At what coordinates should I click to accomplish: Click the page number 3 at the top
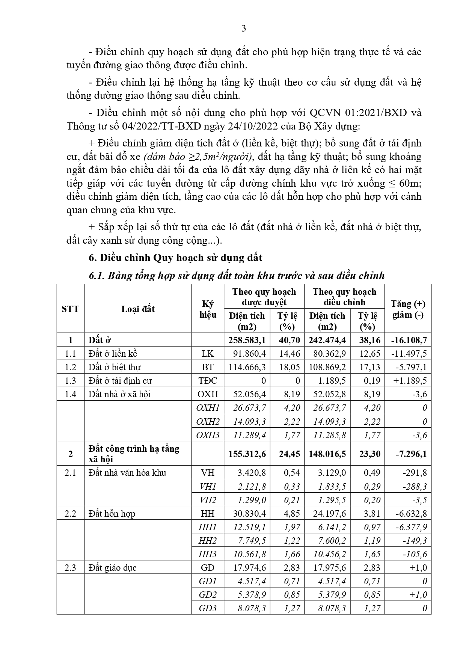244,29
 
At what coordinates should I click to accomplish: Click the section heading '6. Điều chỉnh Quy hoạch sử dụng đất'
175,258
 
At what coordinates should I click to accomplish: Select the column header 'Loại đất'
138,309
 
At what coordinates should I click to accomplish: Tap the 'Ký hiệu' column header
208,309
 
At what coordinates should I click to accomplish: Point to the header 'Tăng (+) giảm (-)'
408,309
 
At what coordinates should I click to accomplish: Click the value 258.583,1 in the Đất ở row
247,340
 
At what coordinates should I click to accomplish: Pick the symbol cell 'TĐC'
208,381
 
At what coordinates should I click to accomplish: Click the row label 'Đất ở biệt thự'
115,367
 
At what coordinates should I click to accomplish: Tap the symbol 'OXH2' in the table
208,421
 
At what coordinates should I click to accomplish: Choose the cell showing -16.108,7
408,340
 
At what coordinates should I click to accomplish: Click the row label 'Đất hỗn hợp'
112,514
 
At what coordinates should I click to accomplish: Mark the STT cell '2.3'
70,568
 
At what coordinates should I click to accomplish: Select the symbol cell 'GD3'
208,608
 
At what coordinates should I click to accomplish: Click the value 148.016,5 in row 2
327,454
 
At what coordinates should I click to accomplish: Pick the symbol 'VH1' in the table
208,487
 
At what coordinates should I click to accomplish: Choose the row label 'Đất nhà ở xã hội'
120,394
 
